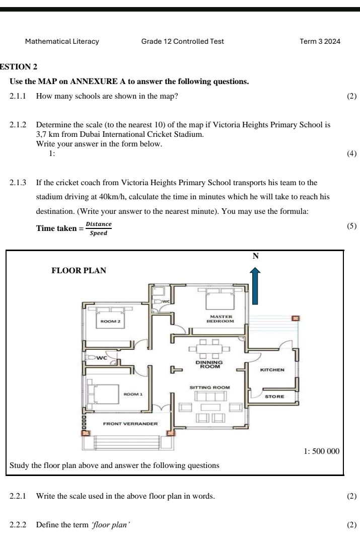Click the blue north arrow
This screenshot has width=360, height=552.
click(x=255, y=285)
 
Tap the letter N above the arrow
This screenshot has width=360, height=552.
click(x=256, y=256)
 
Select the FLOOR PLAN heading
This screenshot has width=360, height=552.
click(x=79, y=270)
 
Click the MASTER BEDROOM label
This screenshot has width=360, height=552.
click(x=220, y=319)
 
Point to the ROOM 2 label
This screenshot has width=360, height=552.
click(x=110, y=322)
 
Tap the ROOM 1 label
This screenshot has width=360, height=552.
click(x=133, y=395)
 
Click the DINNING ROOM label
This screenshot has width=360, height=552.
click(x=209, y=364)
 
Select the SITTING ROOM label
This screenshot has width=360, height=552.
click(x=209, y=387)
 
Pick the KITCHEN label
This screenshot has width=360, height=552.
click(x=272, y=370)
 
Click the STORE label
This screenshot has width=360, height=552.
click(x=274, y=397)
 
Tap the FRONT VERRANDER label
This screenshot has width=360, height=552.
click(x=130, y=424)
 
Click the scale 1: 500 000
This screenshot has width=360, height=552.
click(x=322, y=451)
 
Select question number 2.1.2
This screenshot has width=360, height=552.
click(x=18, y=125)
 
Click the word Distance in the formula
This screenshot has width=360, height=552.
click(x=99, y=224)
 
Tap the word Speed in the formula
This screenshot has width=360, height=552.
click(x=99, y=233)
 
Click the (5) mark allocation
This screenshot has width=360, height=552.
click(x=351, y=226)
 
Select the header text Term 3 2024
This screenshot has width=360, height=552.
click(x=320, y=41)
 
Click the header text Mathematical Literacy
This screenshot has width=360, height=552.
click(x=62, y=42)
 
